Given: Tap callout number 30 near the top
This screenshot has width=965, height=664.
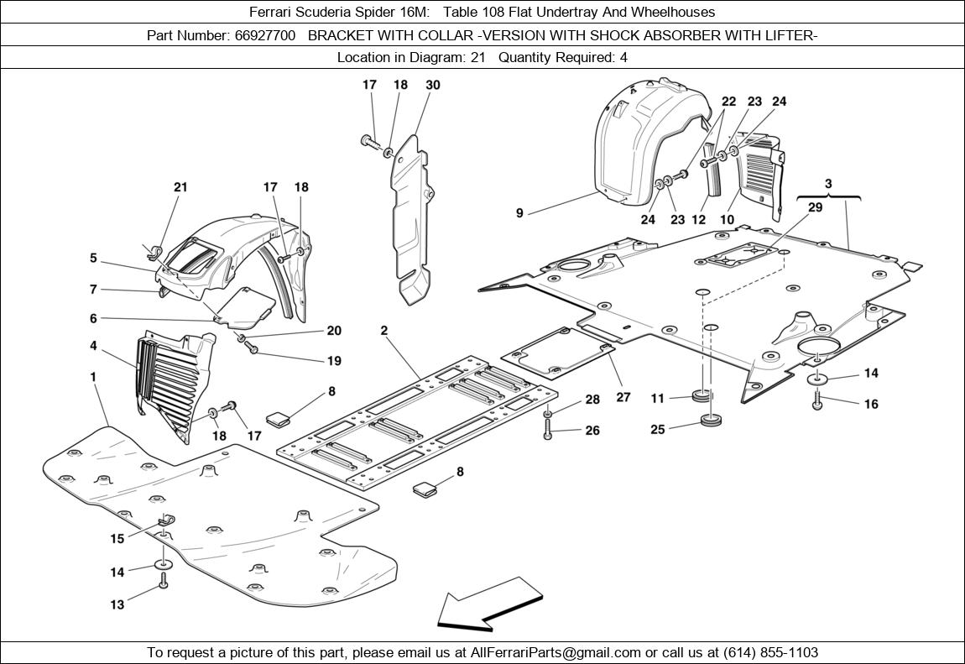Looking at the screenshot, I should pos(433,85).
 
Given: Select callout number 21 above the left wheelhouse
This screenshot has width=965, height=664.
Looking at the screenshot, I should pos(180,187).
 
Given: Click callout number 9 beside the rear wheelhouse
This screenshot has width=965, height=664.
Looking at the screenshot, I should pos(519,213).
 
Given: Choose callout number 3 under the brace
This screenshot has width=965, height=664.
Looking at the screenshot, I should pos(828,183).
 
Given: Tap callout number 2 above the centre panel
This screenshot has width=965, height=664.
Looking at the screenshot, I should pos(383,330).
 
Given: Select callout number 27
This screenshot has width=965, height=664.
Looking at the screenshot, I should pos(623,397).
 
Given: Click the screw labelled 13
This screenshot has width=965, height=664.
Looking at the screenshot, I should pos(164,580).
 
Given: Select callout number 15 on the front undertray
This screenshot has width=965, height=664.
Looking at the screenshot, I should pos(117,539).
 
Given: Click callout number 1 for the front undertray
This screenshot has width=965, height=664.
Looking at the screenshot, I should pos(93,377).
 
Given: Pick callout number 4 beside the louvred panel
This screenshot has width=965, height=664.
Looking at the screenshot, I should pos(93,345).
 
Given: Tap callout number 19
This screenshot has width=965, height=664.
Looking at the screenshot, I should pos(334,361).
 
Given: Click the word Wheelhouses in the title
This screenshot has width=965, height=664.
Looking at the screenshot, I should pos(675,12).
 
